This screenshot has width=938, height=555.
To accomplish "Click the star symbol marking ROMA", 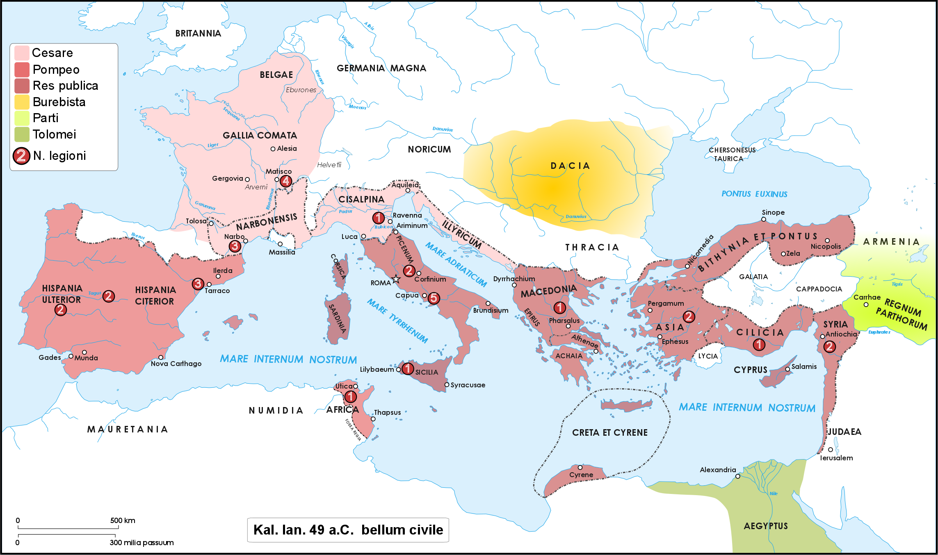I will pyautogui.click(x=396, y=280).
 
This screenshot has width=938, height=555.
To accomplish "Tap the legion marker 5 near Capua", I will pyautogui.click(x=434, y=298).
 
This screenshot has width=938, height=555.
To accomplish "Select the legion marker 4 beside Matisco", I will pyautogui.click(x=286, y=181).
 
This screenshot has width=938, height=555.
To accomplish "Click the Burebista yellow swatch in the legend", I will pyautogui.click(x=22, y=102).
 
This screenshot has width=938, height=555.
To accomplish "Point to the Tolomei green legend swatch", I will pyautogui.click(x=22, y=134).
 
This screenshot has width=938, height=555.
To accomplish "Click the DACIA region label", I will pyautogui.click(x=570, y=166).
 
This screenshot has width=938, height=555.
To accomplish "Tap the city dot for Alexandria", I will pyautogui.click(x=737, y=476).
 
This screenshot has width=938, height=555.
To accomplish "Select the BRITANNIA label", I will pyautogui.click(x=198, y=34).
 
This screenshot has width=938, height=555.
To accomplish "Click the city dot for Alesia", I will pyautogui.click(x=273, y=149).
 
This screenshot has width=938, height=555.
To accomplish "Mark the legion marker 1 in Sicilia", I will pyautogui.click(x=407, y=368).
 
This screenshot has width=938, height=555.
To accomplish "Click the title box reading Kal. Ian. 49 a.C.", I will pyautogui.click(x=348, y=530).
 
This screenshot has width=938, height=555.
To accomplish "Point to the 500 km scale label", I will pyautogui.click(x=122, y=521).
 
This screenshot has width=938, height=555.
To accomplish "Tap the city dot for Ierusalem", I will pyautogui.click(x=830, y=450).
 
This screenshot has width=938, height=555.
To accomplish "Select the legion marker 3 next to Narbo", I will pyautogui.click(x=235, y=246).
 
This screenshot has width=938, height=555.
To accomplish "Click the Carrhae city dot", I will pyautogui.click(x=866, y=305).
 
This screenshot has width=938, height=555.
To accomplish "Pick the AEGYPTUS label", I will pyautogui.click(x=765, y=526).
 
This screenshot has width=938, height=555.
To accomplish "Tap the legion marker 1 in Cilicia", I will pyautogui.click(x=759, y=344).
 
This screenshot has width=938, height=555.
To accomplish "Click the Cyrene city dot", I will pyautogui.click(x=580, y=467).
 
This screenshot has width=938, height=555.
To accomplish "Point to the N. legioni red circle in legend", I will pyautogui.click(x=21, y=156).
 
